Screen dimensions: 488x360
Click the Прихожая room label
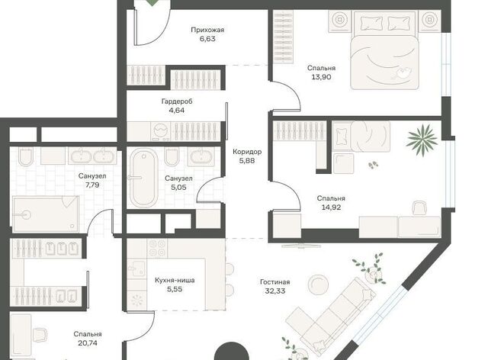click(x=207, y=31)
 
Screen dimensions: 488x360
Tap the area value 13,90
click(x=321, y=77)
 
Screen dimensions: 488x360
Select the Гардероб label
click(x=177, y=101)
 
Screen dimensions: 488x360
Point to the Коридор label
click(x=247, y=152)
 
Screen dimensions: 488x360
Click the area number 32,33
click(x=275, y=291)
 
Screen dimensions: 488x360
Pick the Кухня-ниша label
click(x=175, y=280)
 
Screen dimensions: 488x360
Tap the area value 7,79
click(x=92, y=185)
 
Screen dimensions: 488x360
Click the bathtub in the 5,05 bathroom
click(x=143, y=178)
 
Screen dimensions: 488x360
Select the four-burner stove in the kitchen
click(x=158, y=248)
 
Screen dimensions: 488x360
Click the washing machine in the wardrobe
click(x=161, y=130)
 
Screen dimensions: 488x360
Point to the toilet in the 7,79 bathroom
click(x=26, y=156)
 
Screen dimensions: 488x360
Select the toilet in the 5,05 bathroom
click(x=172, y=156)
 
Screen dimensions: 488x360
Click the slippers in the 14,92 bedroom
click(x=373, y=165)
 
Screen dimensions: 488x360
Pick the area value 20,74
click(x=88, y=343)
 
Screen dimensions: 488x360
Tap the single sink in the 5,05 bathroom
click(x=201, y=156)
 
